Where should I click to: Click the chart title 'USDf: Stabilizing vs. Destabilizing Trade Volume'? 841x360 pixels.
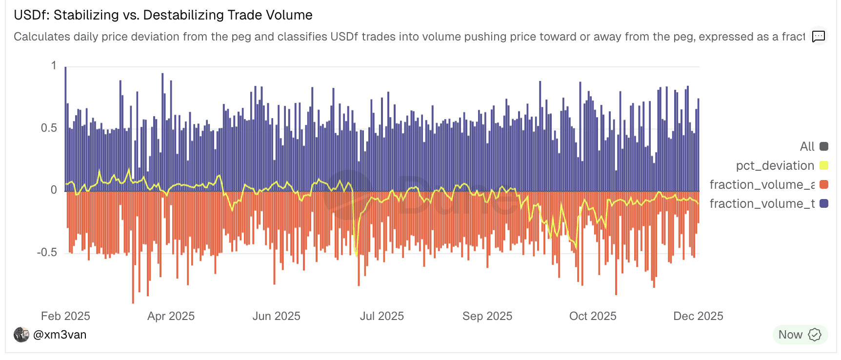coord(163,15)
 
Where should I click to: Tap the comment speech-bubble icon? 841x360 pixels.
coord(818,36)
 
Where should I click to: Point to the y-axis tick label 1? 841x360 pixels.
coord(54,66)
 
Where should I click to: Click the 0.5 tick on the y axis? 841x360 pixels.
coord(49,128)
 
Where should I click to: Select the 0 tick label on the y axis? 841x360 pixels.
coord(54,190)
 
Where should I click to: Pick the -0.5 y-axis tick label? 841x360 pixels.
coord(47,252)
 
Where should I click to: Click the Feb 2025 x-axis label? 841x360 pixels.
coord(65,316)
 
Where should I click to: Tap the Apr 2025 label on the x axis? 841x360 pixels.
coord(171,316)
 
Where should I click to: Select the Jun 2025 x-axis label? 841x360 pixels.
coord(276,316)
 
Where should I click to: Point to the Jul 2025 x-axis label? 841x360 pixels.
coord(381,316)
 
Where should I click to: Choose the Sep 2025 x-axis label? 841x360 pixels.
coord(487,316)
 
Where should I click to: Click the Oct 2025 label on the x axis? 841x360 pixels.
coord(593,316)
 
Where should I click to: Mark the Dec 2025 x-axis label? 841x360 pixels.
coord(698,316)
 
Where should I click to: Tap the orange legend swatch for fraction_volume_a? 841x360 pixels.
coord(824,184)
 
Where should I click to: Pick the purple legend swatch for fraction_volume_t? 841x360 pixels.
coord(824,203)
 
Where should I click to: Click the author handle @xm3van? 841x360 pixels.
coord(60,335)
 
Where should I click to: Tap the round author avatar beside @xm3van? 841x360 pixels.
coord(21,335)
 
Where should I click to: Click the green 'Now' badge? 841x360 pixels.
coord(800,335)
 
